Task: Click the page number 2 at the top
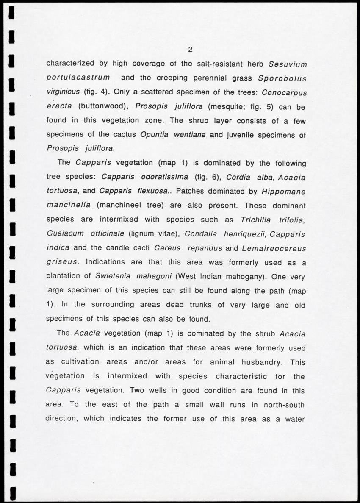point(191,50)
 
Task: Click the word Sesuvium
point(288,64)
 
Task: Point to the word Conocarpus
point(284,92)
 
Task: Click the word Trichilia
point(256,220)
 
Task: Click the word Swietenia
point(112,276)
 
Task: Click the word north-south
point(284,404)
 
